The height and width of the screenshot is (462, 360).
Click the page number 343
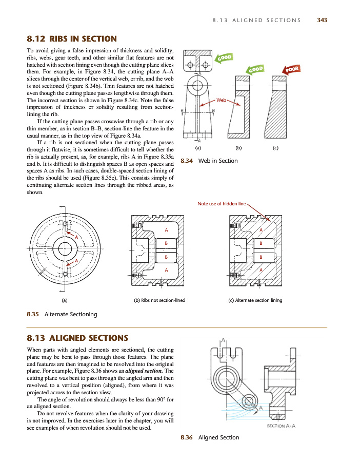[x=322, y=21]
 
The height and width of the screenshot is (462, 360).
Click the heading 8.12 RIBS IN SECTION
[x=71, y=38]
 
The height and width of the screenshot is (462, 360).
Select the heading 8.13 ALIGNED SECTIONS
[x=76, y=338]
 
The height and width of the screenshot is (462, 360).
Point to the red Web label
[x=222, y=100]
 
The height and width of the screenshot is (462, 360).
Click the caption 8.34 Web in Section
[x=209, y=161]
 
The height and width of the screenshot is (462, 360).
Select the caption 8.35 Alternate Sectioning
[x=62, y=314]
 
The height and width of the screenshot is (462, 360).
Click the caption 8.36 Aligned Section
[x=210, y=437]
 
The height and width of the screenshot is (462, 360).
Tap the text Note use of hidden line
[x=222, y=204]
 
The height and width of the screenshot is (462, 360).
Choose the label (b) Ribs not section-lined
[x=159, y=300]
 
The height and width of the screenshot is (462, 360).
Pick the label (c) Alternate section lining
[x=255, y=300]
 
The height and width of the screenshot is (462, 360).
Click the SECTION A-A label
[x=284, y=425]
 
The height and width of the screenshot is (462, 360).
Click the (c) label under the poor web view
[x=275, y=148]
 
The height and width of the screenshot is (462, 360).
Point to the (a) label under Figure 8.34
[x=198, y=148]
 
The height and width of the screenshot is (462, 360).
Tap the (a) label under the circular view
[x=64, y=300]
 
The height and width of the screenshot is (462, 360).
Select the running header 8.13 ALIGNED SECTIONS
[x=256, y=21]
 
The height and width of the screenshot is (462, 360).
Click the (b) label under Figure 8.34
[x=238, y=148]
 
